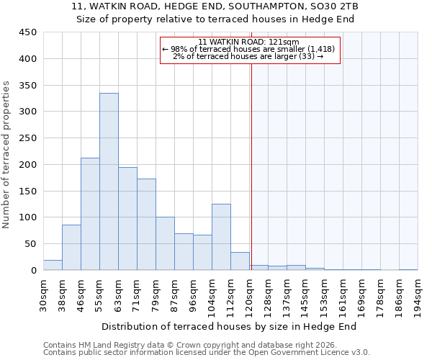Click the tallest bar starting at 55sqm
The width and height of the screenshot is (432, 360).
109,181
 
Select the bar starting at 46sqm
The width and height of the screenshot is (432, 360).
90,214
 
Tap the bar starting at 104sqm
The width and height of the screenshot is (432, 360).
221,237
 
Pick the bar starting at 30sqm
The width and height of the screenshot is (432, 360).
53,265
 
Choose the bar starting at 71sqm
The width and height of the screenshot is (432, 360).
146,224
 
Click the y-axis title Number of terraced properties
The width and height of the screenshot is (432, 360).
7,155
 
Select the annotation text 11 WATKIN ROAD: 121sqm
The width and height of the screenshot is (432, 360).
248,42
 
